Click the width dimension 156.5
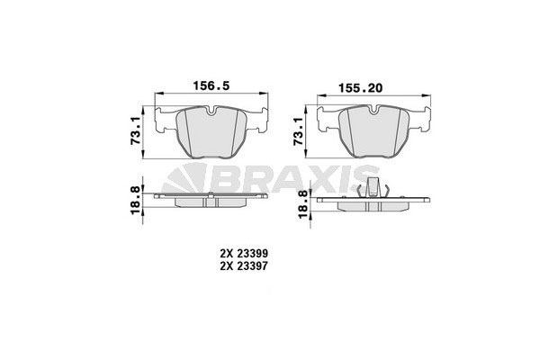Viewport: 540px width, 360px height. pyautogui.click(x=212, y=87)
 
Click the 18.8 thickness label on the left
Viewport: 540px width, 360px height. pyautogui.click(x=136, y=199)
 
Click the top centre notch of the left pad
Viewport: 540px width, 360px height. pyautogui.click(x=209, y=112)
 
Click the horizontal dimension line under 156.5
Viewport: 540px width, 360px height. pyautogui.click(x=212, y=97)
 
